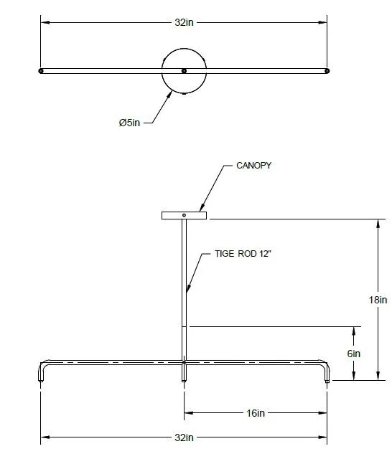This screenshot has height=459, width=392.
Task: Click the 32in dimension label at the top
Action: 184,22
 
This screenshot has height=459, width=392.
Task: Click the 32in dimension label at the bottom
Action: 184,437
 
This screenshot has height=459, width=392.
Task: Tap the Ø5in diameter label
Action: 129,123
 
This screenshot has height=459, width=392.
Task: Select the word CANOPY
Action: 253,166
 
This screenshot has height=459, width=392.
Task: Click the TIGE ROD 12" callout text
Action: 243,253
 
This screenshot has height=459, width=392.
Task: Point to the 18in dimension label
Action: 378,300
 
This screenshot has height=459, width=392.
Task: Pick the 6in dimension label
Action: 354,354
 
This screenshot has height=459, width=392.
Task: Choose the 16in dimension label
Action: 256,413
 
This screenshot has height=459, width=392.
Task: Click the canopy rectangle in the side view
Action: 184,215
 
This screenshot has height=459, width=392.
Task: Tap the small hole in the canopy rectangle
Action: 184,215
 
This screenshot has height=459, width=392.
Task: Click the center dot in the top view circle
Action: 184,71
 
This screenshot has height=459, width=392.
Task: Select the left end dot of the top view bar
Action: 41,71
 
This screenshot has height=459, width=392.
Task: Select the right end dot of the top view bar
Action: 327,71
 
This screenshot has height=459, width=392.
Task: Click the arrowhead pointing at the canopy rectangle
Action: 202,207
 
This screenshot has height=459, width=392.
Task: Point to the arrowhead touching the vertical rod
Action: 188,288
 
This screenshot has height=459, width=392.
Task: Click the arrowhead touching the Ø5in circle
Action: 169,94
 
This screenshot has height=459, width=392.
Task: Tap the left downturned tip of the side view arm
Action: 41,380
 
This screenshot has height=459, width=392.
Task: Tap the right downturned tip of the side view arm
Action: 327,380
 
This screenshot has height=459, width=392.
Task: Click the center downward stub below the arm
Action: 184,373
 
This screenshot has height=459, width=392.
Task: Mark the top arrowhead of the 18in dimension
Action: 378,224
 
